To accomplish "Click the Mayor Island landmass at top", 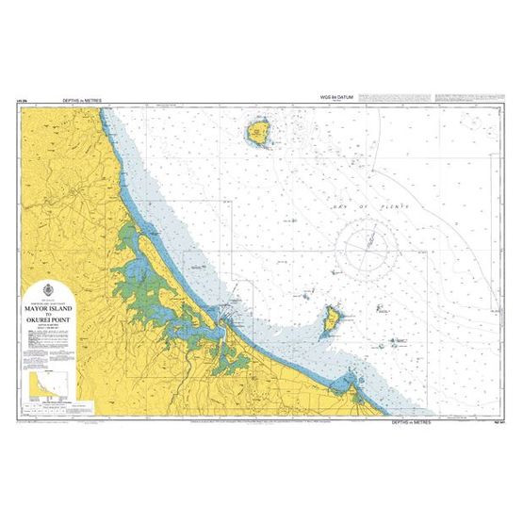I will pos(258,133).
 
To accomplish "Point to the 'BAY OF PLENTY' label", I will pos(353,204).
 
